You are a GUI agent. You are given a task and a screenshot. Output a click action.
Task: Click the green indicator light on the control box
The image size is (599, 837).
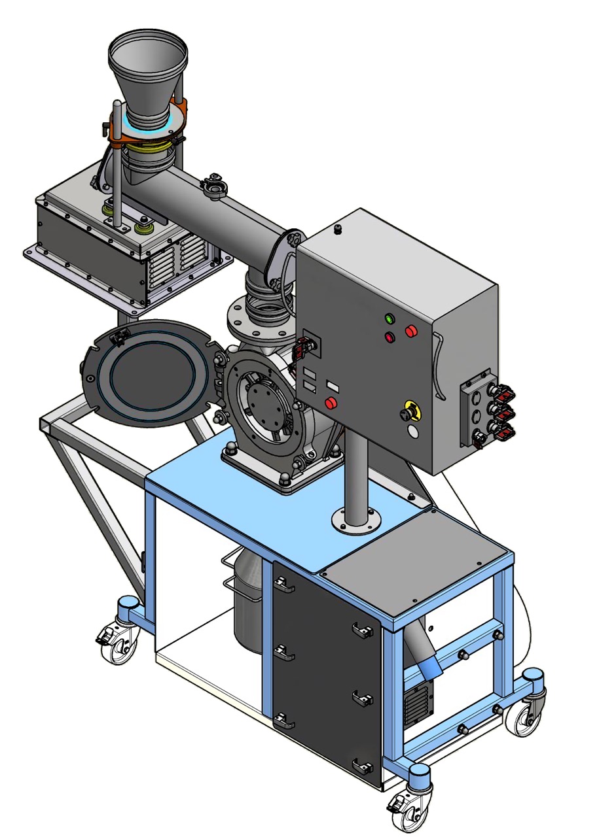coord(391,319)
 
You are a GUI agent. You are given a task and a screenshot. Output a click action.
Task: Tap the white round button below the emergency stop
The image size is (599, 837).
coord(412,432)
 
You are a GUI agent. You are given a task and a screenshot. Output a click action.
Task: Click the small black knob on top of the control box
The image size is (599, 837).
coord(338,229)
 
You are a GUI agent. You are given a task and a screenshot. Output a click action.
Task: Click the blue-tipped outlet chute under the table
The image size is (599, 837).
coord(429,670)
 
